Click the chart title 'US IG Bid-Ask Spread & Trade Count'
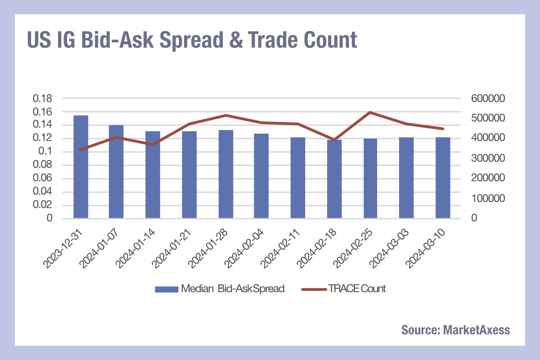(192, 40)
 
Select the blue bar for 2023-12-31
(81, 166)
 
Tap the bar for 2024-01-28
(226, 174)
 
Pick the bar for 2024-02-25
(370, 179)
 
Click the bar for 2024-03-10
(443, 178)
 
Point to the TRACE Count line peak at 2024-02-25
(370, 112)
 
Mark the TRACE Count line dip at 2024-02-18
(334, 140)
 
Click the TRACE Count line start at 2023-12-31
(81, 150)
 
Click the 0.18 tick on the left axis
(42, 99)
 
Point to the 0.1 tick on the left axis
(45, 151)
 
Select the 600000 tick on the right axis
(488, 99)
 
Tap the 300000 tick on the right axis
(488, 158)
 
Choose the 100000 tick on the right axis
(488, 198)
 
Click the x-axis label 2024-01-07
(99, 248)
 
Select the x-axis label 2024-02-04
(244, 248)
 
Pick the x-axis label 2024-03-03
(389, 248)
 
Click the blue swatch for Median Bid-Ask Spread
(166, 289)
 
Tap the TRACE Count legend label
(357, 288)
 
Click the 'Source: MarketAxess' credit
(455, 330)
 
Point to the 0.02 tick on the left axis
(42, 205)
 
